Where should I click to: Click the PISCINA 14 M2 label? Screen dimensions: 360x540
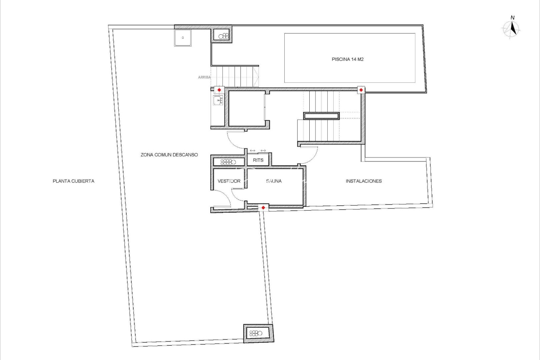(347, 59)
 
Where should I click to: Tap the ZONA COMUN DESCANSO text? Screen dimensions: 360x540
(169, 155)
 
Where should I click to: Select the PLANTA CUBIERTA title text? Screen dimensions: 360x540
(73, 181)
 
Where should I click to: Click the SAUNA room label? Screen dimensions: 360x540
(274, 181)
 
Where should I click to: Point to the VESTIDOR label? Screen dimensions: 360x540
(229, 181)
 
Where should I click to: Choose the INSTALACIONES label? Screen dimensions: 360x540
(363, 181)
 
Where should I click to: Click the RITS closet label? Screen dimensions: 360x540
(258, 160)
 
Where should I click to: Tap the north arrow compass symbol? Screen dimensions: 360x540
(512, 29)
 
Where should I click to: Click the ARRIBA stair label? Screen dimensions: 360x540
(204, 77)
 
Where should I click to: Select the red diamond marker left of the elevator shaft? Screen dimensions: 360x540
(219, 90)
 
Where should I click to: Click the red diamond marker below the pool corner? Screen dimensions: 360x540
(361, 90)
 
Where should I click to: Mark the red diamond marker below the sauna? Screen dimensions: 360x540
(263, 208)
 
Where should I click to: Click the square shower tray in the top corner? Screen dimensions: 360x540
(183, 38)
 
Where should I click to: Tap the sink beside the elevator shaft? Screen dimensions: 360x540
(218, 100)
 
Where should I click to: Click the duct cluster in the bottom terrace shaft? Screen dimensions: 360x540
(256, 333)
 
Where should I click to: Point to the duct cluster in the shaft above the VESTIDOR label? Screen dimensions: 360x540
(228, 162)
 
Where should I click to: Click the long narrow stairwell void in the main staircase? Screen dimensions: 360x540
(321, 116)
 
